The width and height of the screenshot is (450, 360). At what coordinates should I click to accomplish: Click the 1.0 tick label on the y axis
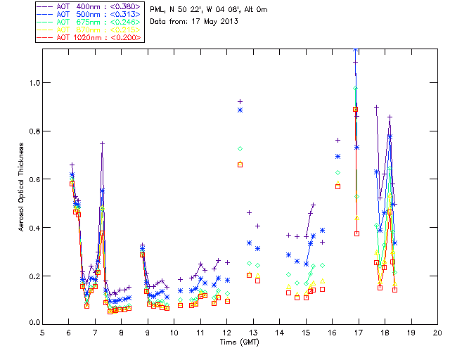pos(33,83)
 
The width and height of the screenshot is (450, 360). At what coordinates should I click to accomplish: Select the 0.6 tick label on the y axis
pos(33,179)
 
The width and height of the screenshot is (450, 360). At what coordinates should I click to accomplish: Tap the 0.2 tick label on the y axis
pos(33,276)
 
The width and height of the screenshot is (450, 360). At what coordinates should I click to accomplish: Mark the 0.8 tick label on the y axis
pos(33,131)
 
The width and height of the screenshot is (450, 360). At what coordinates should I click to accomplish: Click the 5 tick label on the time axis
pos(43,332)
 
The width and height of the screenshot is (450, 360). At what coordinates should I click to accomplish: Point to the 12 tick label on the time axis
pos(227,332)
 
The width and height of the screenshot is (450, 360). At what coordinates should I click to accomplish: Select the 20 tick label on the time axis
pos(437,332)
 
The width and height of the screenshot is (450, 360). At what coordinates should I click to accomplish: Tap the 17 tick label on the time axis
pos(359,332)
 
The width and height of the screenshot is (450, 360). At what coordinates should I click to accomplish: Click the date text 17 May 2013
pos(214,21)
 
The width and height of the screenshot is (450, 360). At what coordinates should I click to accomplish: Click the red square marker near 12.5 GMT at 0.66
pos(240,165)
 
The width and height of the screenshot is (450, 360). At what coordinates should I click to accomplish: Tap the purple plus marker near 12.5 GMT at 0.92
pos(240,101)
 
